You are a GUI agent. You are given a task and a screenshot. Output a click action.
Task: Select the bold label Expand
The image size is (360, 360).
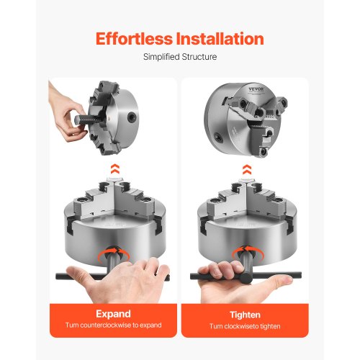pyautogui.click(x=113, y=315)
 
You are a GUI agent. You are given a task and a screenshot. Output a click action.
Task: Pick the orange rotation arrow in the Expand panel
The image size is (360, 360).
pyautogui.click(x=114, y=251)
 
